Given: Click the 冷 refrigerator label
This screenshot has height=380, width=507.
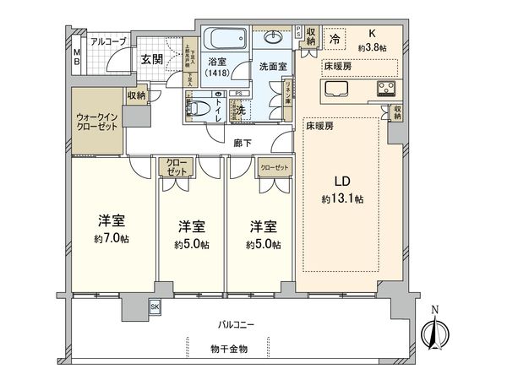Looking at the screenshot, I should pos(335,38).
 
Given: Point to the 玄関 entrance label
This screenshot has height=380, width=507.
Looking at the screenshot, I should pos(152,59).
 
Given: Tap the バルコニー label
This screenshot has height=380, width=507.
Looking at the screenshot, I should pos(224,323).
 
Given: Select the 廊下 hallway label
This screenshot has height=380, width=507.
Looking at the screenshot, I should pos(244,144).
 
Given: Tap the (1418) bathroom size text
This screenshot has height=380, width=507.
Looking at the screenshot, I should pos(219,73).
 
